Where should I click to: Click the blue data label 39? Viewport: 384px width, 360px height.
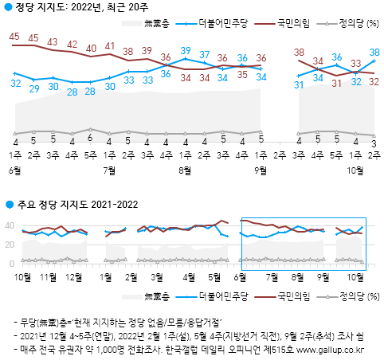185,52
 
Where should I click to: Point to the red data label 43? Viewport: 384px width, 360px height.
53,41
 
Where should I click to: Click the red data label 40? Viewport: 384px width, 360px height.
91,47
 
